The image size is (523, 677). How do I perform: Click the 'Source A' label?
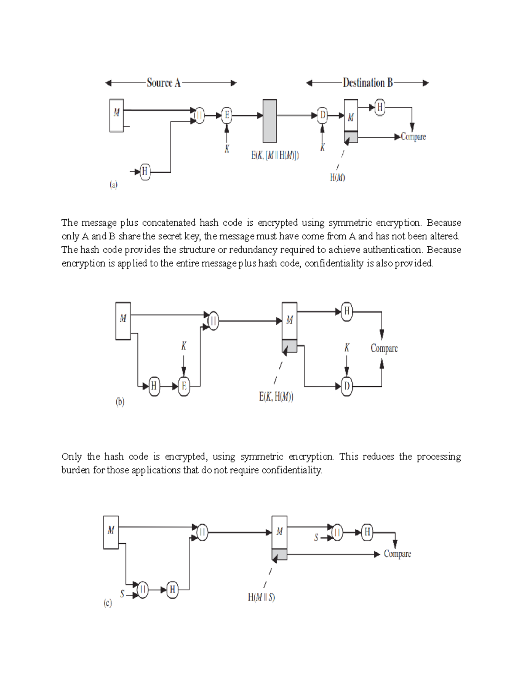(x=163, y=83)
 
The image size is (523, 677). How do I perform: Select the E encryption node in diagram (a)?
(x=226, y=116)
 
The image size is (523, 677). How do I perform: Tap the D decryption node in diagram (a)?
(x=323, y=116)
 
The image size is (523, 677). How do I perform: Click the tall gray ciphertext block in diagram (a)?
(x=270, y=121)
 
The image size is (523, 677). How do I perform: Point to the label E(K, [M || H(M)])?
(x=275, y=155)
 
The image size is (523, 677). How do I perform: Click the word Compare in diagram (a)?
(x=413, y=137)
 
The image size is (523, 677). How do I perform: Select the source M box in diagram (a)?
(x=116, y=115)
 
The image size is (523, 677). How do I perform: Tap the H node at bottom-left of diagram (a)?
(x=145, y=172)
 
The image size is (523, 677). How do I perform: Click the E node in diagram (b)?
(x=184, y=386)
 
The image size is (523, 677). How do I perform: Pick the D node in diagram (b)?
(x=346, y=386)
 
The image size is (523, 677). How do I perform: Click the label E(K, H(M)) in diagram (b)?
(x=276, y=397)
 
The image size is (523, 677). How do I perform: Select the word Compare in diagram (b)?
(x=384, y=348)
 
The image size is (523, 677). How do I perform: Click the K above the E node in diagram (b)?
(x=183, y=346)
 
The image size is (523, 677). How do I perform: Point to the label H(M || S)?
(x=261, y=597)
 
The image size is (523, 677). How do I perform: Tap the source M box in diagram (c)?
(x=111, y=532)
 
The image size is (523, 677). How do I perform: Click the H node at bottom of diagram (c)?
(x=172, y=590)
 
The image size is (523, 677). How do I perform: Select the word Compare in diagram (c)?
(x=397, y=554)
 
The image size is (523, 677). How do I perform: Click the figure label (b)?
(x=120, y=402)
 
